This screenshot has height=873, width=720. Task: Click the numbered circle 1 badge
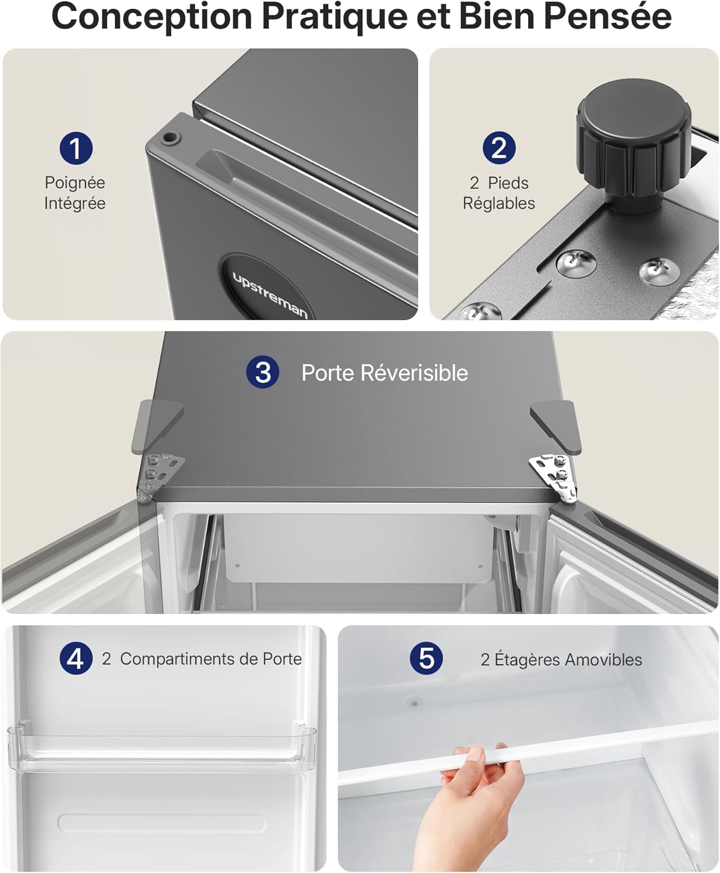coord(76,148)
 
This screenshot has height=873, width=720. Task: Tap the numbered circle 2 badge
coord(499,148)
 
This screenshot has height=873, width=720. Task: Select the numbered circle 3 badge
coord(263,372)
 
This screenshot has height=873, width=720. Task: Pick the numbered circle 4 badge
coord(76,658)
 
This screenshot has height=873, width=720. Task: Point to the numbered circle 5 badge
coord(426,658)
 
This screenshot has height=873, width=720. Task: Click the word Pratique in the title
coord(335,17)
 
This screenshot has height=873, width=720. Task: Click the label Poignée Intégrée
coord(75,193)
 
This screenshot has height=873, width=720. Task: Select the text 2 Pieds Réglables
coord(499,193)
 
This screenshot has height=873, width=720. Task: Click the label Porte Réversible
coord(385,372)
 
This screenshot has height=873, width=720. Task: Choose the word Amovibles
coord(604,659)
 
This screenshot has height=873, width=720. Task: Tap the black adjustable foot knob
coord(633,146)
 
